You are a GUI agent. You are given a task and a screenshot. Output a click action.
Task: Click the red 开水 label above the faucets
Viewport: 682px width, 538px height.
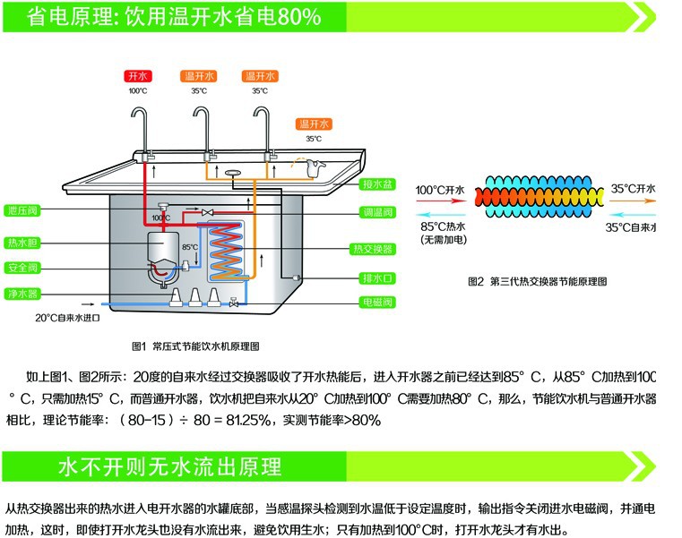point(137,76)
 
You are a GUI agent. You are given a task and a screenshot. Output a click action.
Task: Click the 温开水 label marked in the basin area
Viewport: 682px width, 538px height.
point(315,124)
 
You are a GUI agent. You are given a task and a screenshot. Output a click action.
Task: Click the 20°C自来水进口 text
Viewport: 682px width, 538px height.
point(67,318)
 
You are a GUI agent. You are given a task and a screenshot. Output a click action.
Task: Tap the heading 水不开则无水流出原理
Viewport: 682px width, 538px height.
point(170,466)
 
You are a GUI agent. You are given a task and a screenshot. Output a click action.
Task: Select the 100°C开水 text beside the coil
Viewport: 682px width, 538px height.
point(440,190)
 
